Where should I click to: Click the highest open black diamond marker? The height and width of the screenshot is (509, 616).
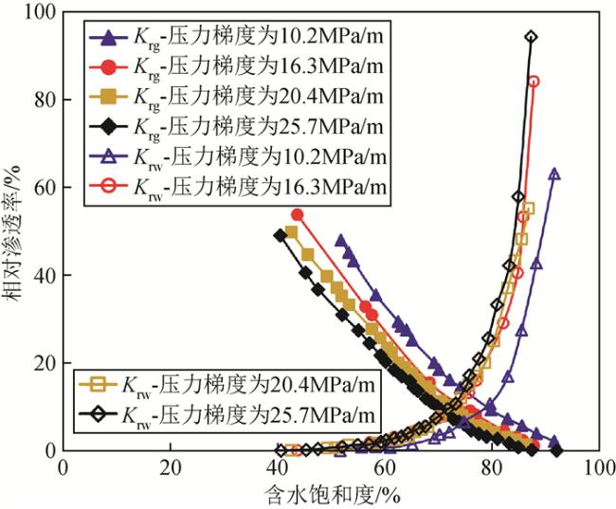pyautogui.click(x=531, y=38)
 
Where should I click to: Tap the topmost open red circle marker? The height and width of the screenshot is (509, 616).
pyautogui.click(x=534, y=82)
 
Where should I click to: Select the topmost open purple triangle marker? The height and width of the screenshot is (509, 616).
pyautogui.click(x=553, y=174)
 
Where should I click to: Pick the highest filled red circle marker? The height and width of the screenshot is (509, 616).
pyautogui.click(x=297, y=214)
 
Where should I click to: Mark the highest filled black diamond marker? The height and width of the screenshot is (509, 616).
pyautogui.click(x=280, y=235)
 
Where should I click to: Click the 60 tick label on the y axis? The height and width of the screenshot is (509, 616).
pyautogui.click(x=43, y=188)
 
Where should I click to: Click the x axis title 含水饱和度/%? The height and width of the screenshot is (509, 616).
pyautogui.click(x=331, y=495)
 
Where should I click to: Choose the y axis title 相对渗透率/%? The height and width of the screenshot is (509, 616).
pyautogui.click(x=13, y=231)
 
